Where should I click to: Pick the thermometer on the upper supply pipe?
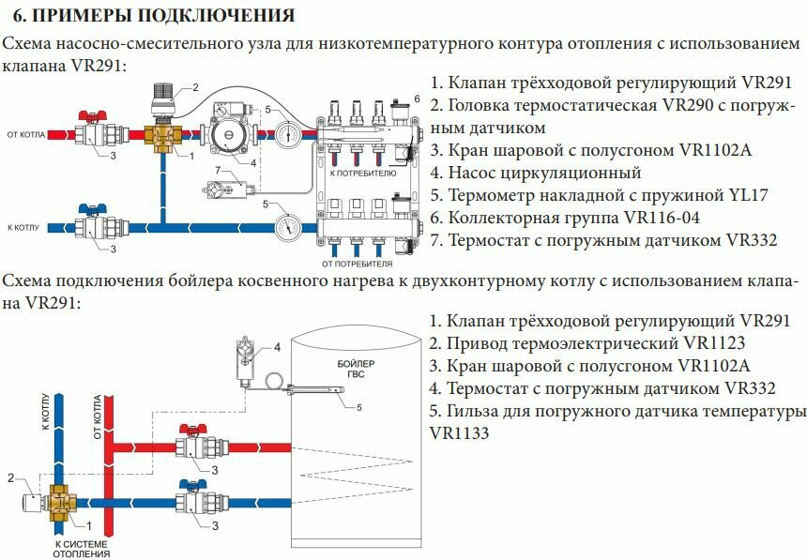tap(287, 134)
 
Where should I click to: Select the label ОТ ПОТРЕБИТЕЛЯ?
tap(357, 265)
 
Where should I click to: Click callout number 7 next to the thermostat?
tap(218, 170)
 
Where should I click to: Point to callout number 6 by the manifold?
tap(418, 98)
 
